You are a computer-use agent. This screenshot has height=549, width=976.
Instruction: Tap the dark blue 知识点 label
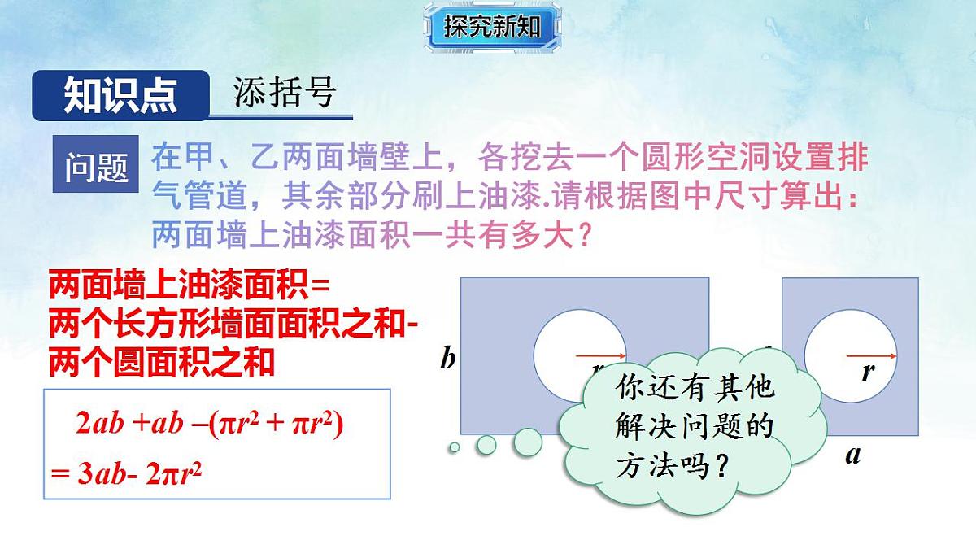pyautogui.click(x=120, y=96)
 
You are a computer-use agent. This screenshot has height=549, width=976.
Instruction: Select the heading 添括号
pyautogui.click(x=285, y=94)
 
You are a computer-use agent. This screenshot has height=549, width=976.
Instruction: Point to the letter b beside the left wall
pyautogui.click(x=447, y=358)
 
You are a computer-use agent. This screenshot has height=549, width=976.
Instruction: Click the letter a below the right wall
pyautogui.click(x=852, y=455)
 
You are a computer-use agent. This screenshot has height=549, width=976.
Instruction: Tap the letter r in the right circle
pyautogui.click(x=868, y=373)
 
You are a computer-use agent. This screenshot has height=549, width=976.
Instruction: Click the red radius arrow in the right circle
pyautogui.click(x=871, y=355)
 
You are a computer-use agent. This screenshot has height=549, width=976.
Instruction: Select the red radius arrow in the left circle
pyautogui.click(x=600, y=355)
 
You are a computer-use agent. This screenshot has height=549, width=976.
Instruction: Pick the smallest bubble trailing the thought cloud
pyautogui.click(x=455, y=447)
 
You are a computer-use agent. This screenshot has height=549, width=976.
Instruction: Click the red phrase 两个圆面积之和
pyautogui.click(x=162, y=363)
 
